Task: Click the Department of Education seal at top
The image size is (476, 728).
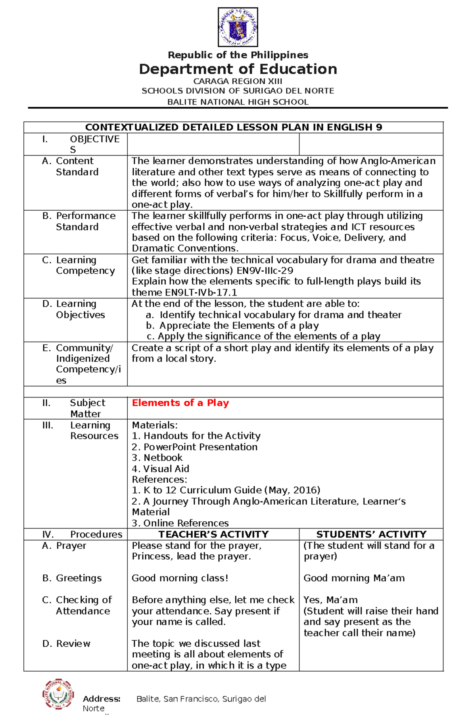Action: (238, 27)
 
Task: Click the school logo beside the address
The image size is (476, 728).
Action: (58, 694)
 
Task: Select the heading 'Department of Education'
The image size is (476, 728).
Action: (238, 69)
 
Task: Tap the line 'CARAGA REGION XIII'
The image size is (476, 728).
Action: (238, 81)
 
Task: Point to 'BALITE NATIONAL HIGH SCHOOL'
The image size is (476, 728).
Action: (238, 102)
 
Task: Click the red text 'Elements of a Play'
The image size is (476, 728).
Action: (180, 403)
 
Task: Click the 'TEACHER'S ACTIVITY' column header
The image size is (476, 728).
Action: (213, 534)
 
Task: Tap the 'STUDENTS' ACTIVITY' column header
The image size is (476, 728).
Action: (371, 534)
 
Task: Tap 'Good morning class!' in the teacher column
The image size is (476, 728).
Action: (180, 578)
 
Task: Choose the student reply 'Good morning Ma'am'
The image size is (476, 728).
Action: (354, 578)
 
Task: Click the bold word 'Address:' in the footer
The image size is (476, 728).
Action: (102, 699)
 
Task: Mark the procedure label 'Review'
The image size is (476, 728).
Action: (73, 643)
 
